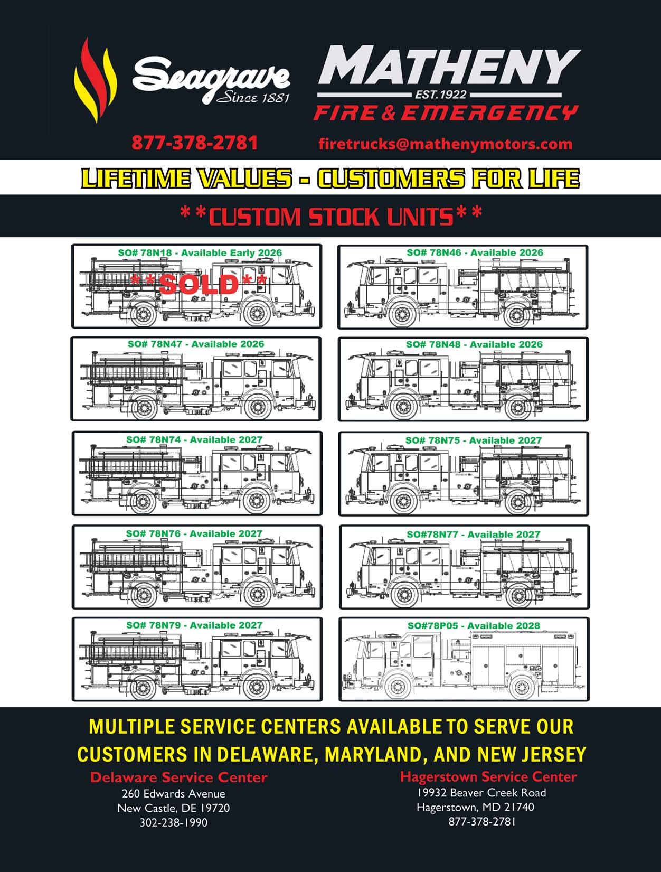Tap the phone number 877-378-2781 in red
click(194, 143)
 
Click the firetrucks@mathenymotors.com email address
click(445, 144)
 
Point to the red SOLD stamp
click(199, 284)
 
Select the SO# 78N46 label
click(475, 252)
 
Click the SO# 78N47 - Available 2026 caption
click(195, 344)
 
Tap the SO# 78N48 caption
click(474, 344)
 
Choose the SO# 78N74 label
click(194, 439)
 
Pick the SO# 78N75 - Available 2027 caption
click(473, 440)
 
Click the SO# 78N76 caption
click(194, 533)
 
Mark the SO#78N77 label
click(473, 535)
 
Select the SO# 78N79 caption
click(194, 625)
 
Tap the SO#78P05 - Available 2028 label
click(473, 626)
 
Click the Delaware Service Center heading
click(178, 777)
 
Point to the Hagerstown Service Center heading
click(488, 776)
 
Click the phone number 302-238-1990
click(173, 822)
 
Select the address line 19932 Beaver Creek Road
click(481, 792)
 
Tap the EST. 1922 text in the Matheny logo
click(448, 95)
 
